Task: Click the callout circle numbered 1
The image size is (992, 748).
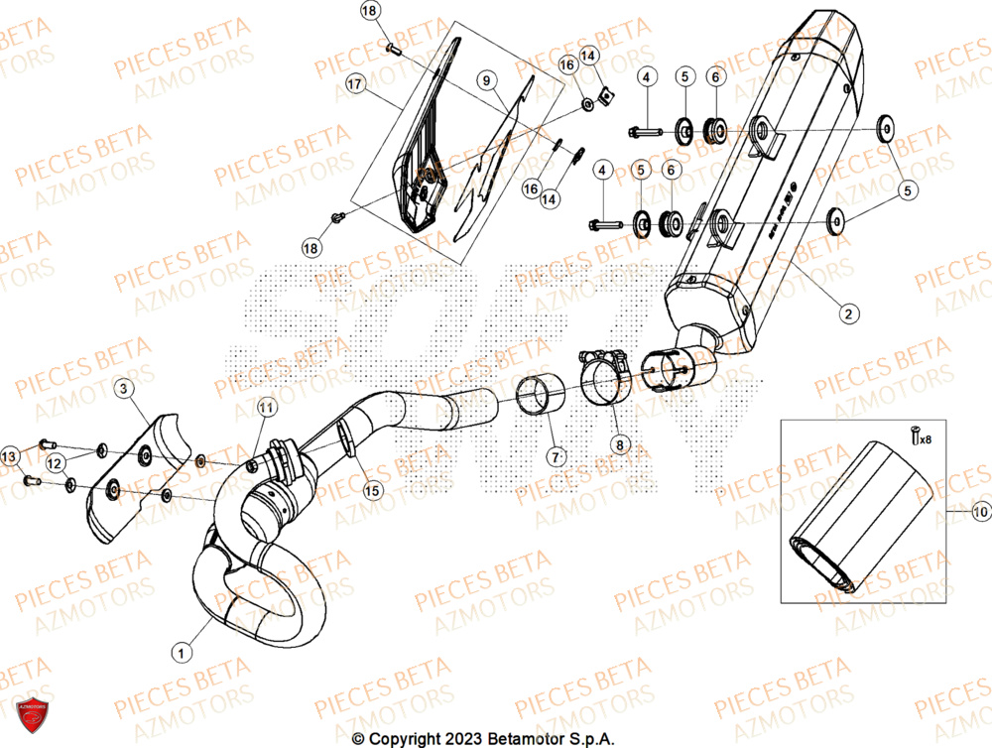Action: (180, 652)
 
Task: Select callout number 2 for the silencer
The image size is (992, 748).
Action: (847, 314)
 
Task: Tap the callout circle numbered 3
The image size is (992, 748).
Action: (122, 390)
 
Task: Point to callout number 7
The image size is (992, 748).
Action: (555, 457)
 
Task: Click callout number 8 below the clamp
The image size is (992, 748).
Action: (619, 446)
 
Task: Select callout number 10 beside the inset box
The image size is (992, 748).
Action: (980, 513)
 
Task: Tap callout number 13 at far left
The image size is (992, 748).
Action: (10, 456)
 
